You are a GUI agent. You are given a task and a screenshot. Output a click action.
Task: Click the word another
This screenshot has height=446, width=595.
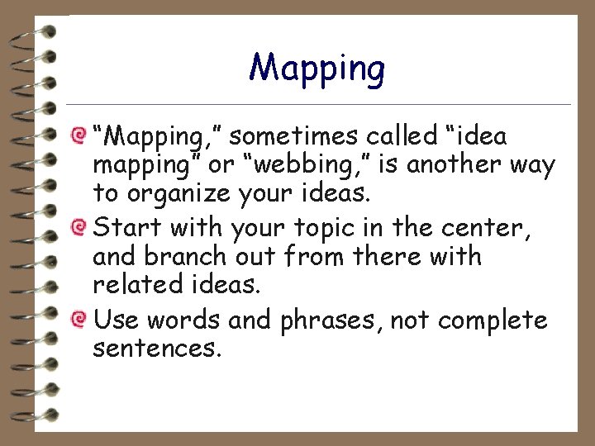451,164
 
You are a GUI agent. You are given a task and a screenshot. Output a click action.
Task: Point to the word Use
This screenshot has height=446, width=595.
112,319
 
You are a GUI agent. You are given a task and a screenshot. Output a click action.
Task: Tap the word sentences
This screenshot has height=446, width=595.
156,349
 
